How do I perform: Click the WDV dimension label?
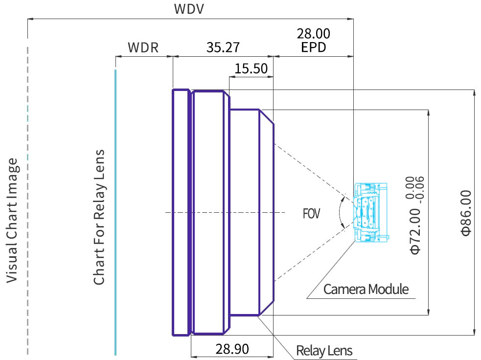(189, 9)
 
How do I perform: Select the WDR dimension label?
(143, 47)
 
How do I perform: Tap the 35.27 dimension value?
(223, 47)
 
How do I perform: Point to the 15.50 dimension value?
(251, 68)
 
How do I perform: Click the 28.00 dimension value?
(314, 33)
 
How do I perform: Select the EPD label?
(314, 47)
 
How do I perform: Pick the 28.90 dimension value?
(232, 349)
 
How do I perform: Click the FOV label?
(311, 214)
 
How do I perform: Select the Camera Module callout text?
(366, 289)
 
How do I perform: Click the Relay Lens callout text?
(324, 351)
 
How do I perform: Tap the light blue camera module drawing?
(370, 212)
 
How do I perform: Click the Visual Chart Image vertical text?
(13, 220)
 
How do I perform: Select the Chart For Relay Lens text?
(99, 217)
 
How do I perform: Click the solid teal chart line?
(115, 212)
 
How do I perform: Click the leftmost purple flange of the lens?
(181, 212)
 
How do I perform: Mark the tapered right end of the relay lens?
(266, 212)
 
